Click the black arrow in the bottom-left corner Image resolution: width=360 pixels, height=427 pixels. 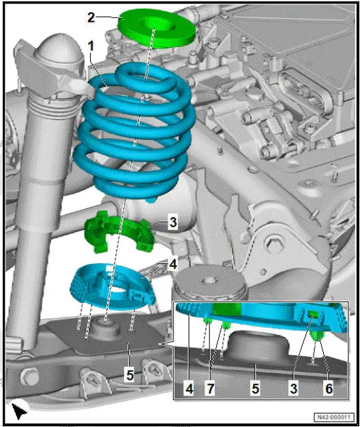pos(19,411)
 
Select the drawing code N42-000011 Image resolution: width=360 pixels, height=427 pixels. pos(335,417)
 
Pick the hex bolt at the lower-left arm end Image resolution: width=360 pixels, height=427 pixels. pos(28,376)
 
